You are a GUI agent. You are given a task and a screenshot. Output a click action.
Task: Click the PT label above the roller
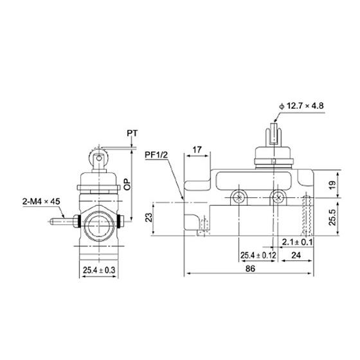(x=132, y=133)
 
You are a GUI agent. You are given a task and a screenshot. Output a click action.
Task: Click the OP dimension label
(x=127, y=184)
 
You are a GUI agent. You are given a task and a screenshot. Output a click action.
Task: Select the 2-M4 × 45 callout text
(x=41, y=201)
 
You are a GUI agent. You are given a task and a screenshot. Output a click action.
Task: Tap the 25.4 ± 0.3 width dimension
(x=99, y=270)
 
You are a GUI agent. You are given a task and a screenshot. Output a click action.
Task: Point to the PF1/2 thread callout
(x=156, y=155)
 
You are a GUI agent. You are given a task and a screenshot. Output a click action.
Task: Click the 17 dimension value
(x=197, y=150)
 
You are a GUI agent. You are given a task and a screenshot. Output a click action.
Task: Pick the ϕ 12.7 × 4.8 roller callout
(x=301, y=106)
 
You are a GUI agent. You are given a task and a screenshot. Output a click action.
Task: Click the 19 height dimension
(x=332, y=185)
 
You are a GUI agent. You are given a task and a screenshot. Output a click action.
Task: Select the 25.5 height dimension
(x=332, y=217)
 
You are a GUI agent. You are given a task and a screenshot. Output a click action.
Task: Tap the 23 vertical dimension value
(x=149, y=217)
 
